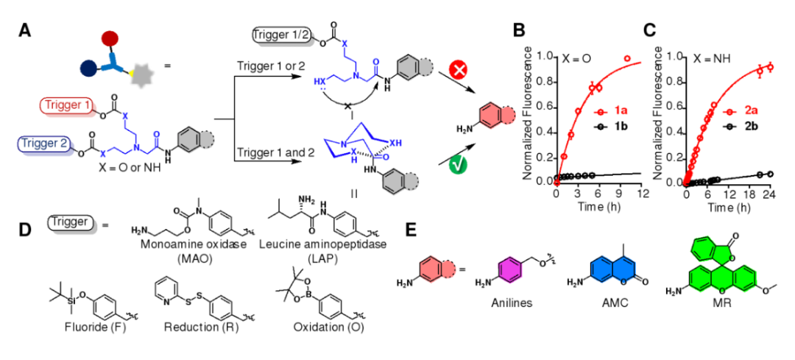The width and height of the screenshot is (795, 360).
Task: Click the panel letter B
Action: pyautogui.click(x=519, y=31)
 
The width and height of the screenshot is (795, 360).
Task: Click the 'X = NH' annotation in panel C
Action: pyautogui.click(x=707, y=57)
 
